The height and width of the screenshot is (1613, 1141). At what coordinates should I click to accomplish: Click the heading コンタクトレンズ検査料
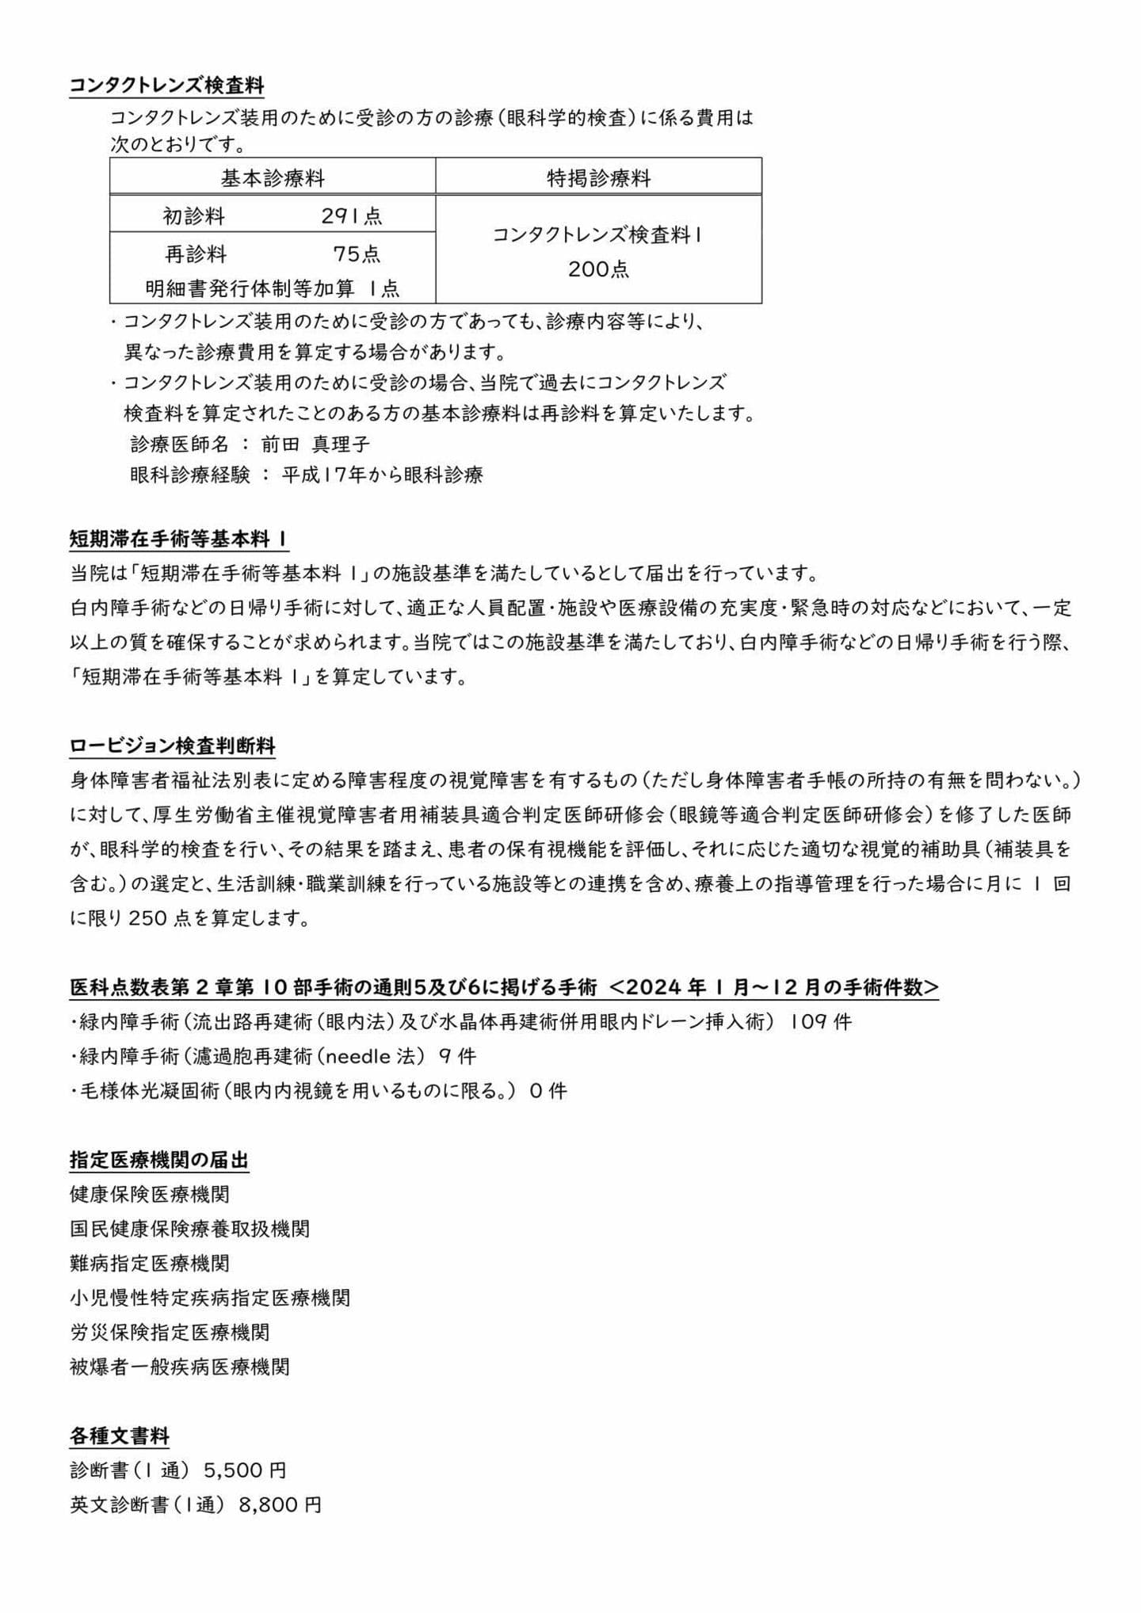point(166,86)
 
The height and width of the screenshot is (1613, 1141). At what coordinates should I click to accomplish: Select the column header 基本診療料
point(273,177)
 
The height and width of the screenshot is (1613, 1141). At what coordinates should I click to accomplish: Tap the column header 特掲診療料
point(598,177)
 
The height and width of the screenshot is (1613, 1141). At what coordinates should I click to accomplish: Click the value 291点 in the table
point(352,215)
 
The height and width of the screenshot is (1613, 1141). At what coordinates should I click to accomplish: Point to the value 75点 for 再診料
point(357,254)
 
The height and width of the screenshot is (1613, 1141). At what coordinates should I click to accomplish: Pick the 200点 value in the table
point(598,269)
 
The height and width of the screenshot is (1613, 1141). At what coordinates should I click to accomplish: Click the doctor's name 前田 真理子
point(315,444)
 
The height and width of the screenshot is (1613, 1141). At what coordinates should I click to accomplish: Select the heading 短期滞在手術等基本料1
point(178,540)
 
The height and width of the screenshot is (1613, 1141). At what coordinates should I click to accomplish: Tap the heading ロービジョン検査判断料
point(173,746)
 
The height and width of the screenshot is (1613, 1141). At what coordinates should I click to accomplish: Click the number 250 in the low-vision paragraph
point(146,918)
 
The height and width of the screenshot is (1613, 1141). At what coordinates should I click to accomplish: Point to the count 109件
point(821,1022)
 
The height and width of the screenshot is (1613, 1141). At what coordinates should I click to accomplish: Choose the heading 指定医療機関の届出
point(159,1161)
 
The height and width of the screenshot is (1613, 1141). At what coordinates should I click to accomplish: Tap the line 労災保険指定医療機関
point(170,1332)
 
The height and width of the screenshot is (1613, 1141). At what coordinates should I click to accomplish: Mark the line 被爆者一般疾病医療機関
point(180,1367)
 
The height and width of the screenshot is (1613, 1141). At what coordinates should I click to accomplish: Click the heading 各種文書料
point(120,1436)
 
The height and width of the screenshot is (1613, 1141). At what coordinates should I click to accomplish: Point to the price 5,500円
point(245,1470)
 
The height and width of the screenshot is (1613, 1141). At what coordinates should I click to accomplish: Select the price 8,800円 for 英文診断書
point(280,1504)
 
